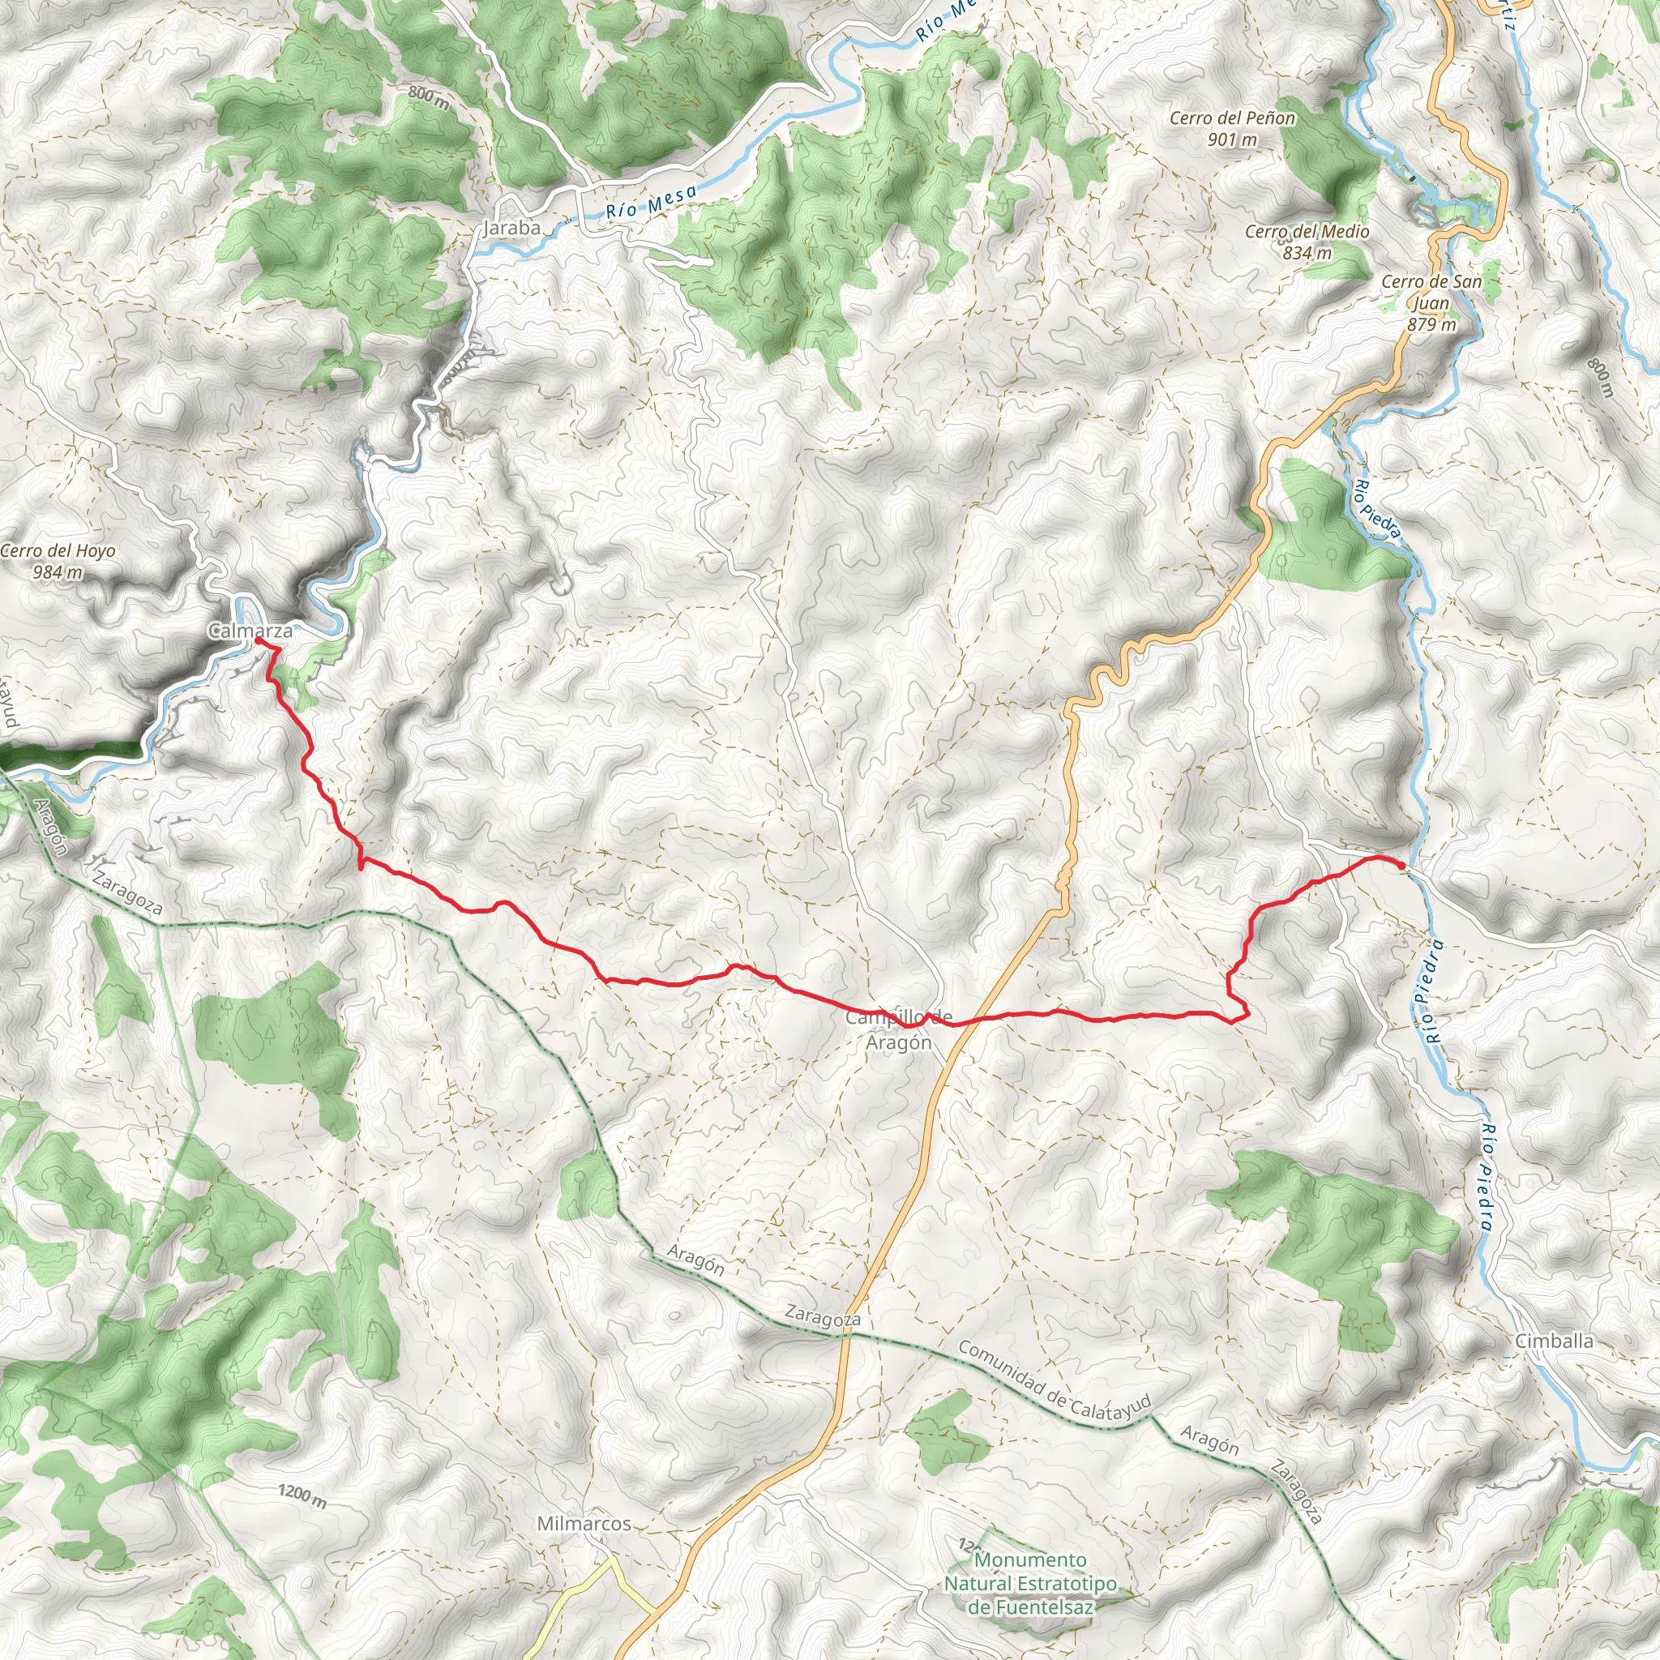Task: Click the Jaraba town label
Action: tap(512, 228)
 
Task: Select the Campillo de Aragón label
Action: tap(899, 1029)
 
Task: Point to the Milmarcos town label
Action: tap(584, 1523)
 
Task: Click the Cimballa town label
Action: tap(1554, 1341)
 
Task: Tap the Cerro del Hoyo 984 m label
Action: tap(58, 561)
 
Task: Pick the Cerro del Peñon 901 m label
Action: tap(1232, 128)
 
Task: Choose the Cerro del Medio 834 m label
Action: tap(1307, 242)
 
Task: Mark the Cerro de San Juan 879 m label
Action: tap(1431, 302)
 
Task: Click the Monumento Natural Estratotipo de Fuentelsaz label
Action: tap(1031, 1583)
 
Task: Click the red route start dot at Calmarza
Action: tap(258, 640)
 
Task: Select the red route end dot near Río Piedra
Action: tap(1401, 865)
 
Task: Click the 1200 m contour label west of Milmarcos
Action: tap(302, 1496)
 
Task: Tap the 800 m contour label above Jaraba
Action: tap(428, 98)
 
